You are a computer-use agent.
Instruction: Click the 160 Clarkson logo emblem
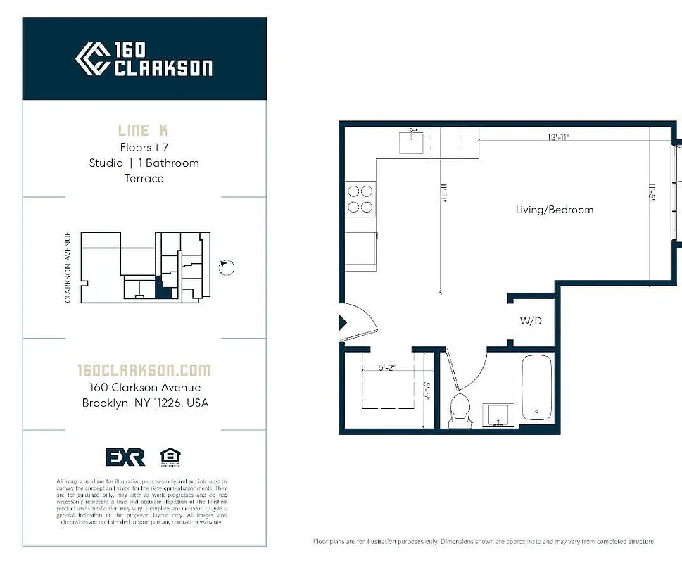92,58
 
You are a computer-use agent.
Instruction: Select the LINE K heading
143,130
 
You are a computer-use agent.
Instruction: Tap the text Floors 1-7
144,148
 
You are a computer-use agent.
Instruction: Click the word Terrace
144,178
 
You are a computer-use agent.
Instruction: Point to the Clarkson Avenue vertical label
68,267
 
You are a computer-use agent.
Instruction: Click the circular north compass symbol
227,267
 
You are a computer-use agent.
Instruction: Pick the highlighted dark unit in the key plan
163,289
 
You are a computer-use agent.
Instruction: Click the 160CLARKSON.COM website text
144,370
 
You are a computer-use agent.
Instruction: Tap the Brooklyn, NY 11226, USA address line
144,403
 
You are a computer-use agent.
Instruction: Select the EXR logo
125,457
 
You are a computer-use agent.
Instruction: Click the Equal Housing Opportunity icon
170,457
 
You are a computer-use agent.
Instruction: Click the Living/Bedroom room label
554,210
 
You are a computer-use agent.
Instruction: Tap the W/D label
531,322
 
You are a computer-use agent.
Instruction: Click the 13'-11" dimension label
558,138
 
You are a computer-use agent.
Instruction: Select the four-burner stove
360,198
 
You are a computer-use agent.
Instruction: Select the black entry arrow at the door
343,323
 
